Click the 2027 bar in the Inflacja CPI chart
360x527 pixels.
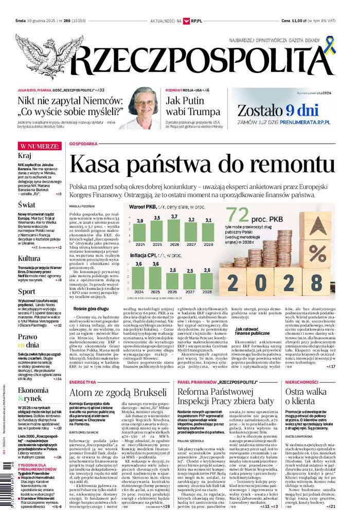click(x=190, y=280)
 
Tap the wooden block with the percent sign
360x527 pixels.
click(x=318, y=252)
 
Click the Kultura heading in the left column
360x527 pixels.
click(x=29, y=258)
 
